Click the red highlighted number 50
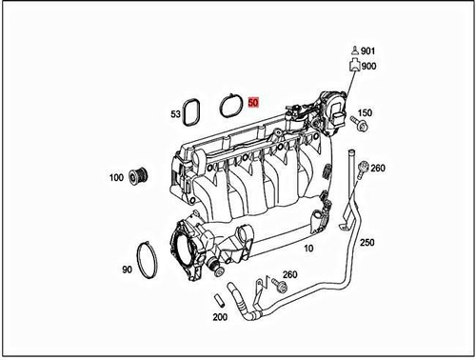[253, 102]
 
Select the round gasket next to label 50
[230, 102]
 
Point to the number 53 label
[176, 114]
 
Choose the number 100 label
[116, 178]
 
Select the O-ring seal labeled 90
[149, 260]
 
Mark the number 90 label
[127, 270]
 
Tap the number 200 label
[218, 316]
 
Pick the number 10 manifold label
[307, 248]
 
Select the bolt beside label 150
[360, 122]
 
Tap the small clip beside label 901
[353, 50]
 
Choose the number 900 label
[369, 67]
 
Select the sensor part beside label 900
[353, 68]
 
